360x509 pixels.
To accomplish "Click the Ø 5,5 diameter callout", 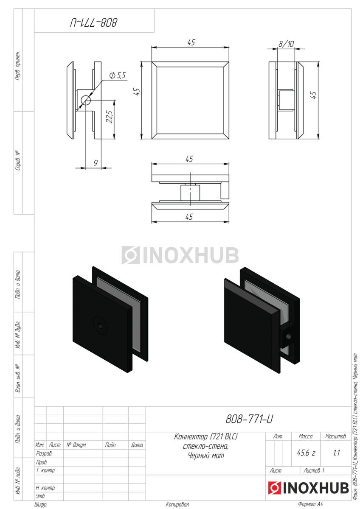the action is (x=117, y=75).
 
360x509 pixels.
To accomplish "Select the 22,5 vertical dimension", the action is (x=110, y=117).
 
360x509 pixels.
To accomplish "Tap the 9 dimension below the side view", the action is (x=96, y=163).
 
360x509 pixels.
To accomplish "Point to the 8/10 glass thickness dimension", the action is (x=286, y=44).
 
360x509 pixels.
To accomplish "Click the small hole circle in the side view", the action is (x=86, y=100).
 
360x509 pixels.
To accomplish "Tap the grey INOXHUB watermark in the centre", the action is (x=180, y=255).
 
